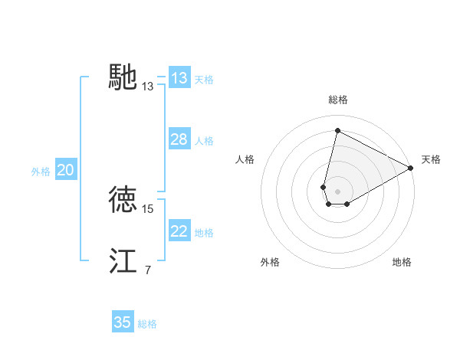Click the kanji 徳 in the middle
123,199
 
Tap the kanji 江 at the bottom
123,261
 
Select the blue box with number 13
179,78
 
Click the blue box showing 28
179,139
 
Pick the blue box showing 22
179,231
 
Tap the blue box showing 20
65,171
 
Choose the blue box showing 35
123,322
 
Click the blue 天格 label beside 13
204,80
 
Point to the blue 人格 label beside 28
204,141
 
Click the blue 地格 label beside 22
204,233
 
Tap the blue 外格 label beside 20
41,172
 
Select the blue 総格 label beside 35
147,324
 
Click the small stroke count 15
149,208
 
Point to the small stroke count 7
147,270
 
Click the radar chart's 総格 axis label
338,100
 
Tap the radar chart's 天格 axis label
431,159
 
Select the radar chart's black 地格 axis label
402,262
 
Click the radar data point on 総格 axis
337,130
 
